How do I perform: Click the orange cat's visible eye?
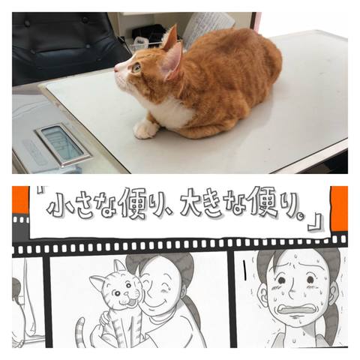(137, 67)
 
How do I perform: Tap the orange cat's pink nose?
(116, 69)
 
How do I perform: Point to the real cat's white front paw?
(145, 129)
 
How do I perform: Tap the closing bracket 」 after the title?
(316, 222)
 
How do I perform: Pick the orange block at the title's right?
(339, 208)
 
